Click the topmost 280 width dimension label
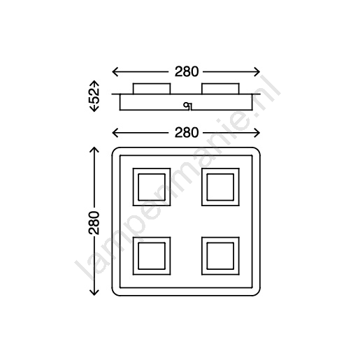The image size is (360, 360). pos(187,71)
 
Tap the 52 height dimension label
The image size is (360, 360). pos(94,96)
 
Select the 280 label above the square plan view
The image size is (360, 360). pos(187,133)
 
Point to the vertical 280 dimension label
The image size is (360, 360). pos(94,222)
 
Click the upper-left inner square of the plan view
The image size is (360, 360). pos(152,187)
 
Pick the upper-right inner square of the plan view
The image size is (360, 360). pos(220,187)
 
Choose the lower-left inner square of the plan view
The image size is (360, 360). pos(152,256)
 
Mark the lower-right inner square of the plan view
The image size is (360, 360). pos(220,256)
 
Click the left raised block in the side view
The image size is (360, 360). pos(152,89)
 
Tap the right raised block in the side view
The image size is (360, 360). pos(220,89)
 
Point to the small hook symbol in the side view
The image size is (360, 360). pos(187,106)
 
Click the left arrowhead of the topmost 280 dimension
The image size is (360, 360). pos(115,72)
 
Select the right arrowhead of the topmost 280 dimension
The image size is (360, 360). pos(257,72)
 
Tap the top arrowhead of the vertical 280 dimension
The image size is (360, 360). pos(94,150)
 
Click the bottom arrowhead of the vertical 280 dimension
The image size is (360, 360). pos(94,293)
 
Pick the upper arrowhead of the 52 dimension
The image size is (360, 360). pos(94,84)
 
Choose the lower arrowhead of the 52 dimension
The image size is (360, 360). pos(94,108)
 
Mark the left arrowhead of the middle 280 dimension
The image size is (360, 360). pos(115,133)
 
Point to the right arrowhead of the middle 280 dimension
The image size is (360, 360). pos(257,133)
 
